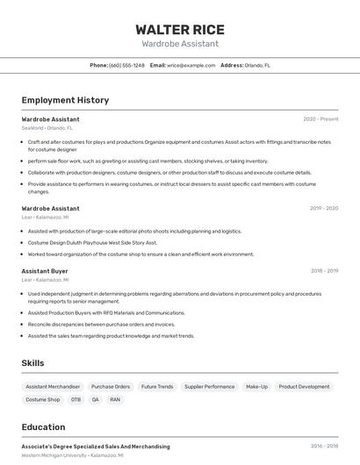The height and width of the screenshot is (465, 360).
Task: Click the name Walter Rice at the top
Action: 179,29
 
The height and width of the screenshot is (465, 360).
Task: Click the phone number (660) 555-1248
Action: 126,65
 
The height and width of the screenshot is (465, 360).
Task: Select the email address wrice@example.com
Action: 191,65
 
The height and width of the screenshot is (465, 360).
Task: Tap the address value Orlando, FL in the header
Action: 257,65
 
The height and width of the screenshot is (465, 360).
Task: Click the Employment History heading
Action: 65,100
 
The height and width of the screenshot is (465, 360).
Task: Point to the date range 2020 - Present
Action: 320,118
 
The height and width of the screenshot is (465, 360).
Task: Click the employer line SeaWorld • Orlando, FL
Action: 47,127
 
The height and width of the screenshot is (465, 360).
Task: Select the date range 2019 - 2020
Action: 324,208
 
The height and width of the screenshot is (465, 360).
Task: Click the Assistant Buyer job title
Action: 45,271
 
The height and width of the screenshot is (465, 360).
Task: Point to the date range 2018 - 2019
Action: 324,271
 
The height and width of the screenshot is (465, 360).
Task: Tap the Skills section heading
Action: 33,362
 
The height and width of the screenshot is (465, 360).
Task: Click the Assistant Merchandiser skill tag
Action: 53,386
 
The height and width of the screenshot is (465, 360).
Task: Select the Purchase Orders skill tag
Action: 111,386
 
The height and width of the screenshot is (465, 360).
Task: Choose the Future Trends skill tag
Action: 157,386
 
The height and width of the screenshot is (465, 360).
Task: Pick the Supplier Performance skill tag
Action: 209,386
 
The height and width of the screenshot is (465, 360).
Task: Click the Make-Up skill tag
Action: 256,386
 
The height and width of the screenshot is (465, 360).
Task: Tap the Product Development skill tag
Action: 305,386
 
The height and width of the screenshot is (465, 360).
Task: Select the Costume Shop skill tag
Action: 43,399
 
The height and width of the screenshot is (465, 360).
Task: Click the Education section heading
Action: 44,427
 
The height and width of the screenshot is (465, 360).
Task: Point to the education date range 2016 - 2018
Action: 324,446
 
